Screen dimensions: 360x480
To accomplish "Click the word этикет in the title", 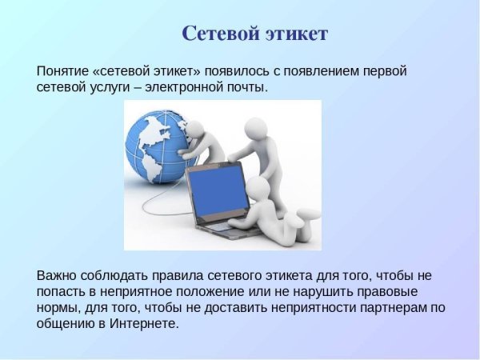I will click(298, 34).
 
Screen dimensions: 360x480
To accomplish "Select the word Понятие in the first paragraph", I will click(63, 70).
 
